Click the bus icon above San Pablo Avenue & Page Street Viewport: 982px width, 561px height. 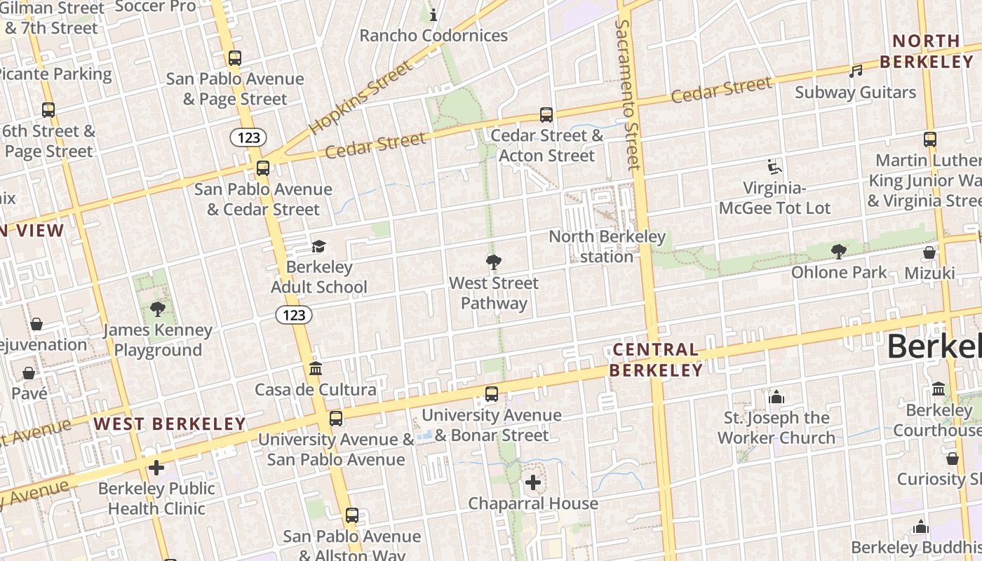(x=235, y=58)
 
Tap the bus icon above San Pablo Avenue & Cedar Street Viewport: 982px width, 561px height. (x=263, y=168)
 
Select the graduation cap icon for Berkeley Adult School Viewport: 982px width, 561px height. (x=319, y=246)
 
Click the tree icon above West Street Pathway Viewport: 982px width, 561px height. (x=494, y=262)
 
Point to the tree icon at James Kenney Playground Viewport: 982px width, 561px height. (x=158, y=309)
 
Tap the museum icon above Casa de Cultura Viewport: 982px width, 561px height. (x=316, y=369)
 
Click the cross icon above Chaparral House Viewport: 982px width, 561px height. (x=533, y=482)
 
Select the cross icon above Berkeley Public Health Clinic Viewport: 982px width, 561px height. (x=156, y=468)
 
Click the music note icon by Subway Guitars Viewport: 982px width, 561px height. (x=855, y=72)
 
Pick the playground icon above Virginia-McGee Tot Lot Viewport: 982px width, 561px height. (x=774, y=167)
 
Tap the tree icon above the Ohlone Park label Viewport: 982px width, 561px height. (x=838, y=251)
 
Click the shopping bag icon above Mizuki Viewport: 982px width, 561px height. (x=929, y=252)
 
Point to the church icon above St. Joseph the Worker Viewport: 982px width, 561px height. (x=776, y=397)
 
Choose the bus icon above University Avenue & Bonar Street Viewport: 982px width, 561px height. (x=492, y=394)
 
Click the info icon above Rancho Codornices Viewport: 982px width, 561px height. (x=433, y=14)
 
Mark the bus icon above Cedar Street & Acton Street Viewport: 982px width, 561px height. (x=546, y=115)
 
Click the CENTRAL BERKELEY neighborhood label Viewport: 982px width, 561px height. (x=655, y=360)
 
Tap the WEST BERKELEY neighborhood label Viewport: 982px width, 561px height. (x=170, y=424)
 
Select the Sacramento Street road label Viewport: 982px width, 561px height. (x=628, y=95)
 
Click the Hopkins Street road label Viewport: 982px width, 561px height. (x=361, y=98)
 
